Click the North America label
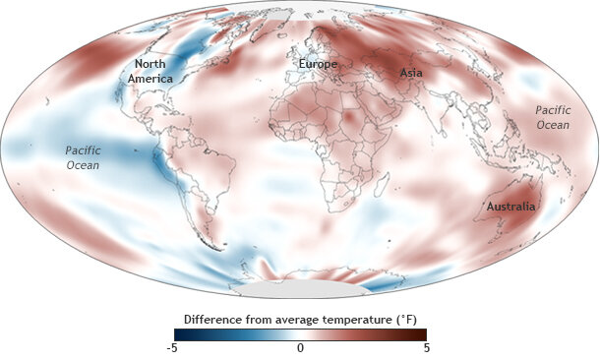[150, 71]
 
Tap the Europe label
[318, 65]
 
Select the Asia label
[412, 73]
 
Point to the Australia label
[510, 207]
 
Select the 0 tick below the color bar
[300, 348]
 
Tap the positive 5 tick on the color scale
[426, 348]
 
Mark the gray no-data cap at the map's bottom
[300, 291]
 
